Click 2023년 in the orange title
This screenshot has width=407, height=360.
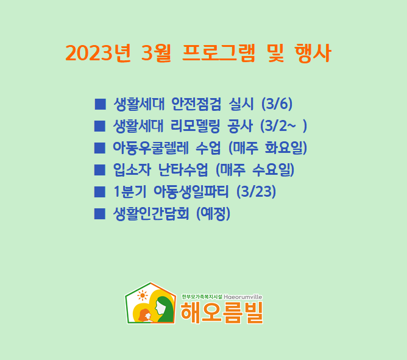click(x=98, y=53)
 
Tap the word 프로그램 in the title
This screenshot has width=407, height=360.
click(x=219, y=53)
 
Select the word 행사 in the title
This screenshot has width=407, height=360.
click(x=313, y=53)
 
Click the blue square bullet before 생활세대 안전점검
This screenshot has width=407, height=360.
click(x=100, y=104)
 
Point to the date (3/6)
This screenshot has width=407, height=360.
click(x=277, y=104)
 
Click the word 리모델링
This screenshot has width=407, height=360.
click(x=195, y=126)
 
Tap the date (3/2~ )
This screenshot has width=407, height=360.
click(x=283, y=126)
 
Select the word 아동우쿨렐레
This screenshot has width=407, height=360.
click(x=150, y=148)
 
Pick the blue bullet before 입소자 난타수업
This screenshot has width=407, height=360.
click(x=100, y=170)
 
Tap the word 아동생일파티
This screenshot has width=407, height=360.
click(x=191, y=192)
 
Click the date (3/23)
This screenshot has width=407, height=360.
click(x=256, y=192)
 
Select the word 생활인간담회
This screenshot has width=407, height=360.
click(x=151, y=214)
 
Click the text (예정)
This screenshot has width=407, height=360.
click(x=213, y=214)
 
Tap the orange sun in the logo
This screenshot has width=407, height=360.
click(x=142, y=295)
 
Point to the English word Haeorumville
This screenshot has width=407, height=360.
click(x=243, y=297)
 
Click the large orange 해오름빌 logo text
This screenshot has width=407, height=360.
click(x=222, y=312)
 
